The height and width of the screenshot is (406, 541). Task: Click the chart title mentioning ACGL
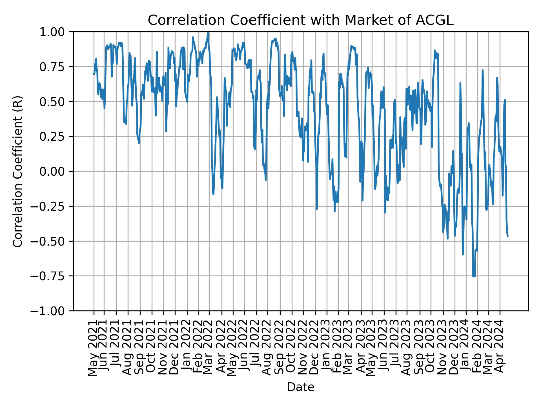300,20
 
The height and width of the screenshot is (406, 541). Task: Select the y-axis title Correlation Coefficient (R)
18,171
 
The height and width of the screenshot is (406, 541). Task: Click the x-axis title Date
300,387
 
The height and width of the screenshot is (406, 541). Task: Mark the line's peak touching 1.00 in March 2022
208,33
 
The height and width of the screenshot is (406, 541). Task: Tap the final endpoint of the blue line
508,236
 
